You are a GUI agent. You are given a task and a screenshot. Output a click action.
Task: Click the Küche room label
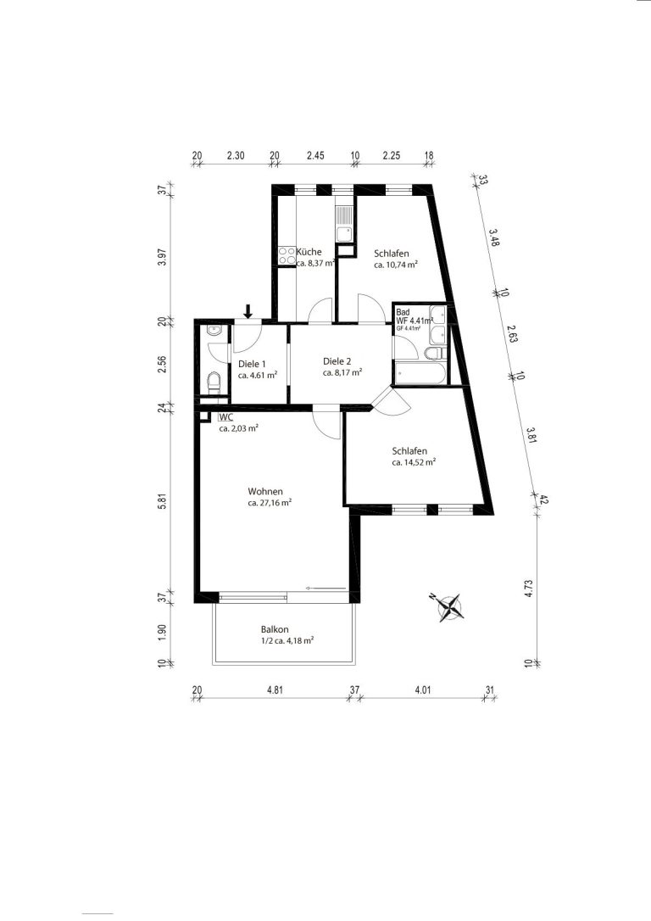tap(309, 252)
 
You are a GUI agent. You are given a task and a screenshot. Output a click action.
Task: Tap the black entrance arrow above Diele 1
tap(248, 310)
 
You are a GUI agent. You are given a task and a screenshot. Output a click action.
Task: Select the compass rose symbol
tap(449, 607)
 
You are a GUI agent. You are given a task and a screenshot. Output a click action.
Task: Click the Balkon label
tap(275, 629)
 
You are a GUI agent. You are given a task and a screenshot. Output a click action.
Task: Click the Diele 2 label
tap(337, 361)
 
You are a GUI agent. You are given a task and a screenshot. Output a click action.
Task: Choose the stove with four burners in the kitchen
tap(287, 255)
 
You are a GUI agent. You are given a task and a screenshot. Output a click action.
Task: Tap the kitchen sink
tap(344, 225)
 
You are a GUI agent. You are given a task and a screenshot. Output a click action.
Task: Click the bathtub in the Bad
tap(420, 374)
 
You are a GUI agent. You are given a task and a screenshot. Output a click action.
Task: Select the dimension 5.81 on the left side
tap(164, 504)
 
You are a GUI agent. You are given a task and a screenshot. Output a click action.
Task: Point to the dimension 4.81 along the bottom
tap(275, 690)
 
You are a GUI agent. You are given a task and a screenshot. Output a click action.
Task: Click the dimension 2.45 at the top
tap(315, 156)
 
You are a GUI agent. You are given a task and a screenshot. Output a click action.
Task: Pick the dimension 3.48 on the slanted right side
tap(493, 237)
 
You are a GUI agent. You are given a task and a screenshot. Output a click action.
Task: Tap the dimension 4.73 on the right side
tap(528, 589)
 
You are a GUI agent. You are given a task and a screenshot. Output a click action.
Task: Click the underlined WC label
tap(226, 417)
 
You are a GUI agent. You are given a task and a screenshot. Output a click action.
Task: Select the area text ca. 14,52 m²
tap(414, 463)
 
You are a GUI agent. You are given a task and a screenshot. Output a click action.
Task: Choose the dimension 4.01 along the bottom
tap(423, 690)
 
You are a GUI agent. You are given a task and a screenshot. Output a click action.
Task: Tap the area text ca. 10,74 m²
tap(396, 265)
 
